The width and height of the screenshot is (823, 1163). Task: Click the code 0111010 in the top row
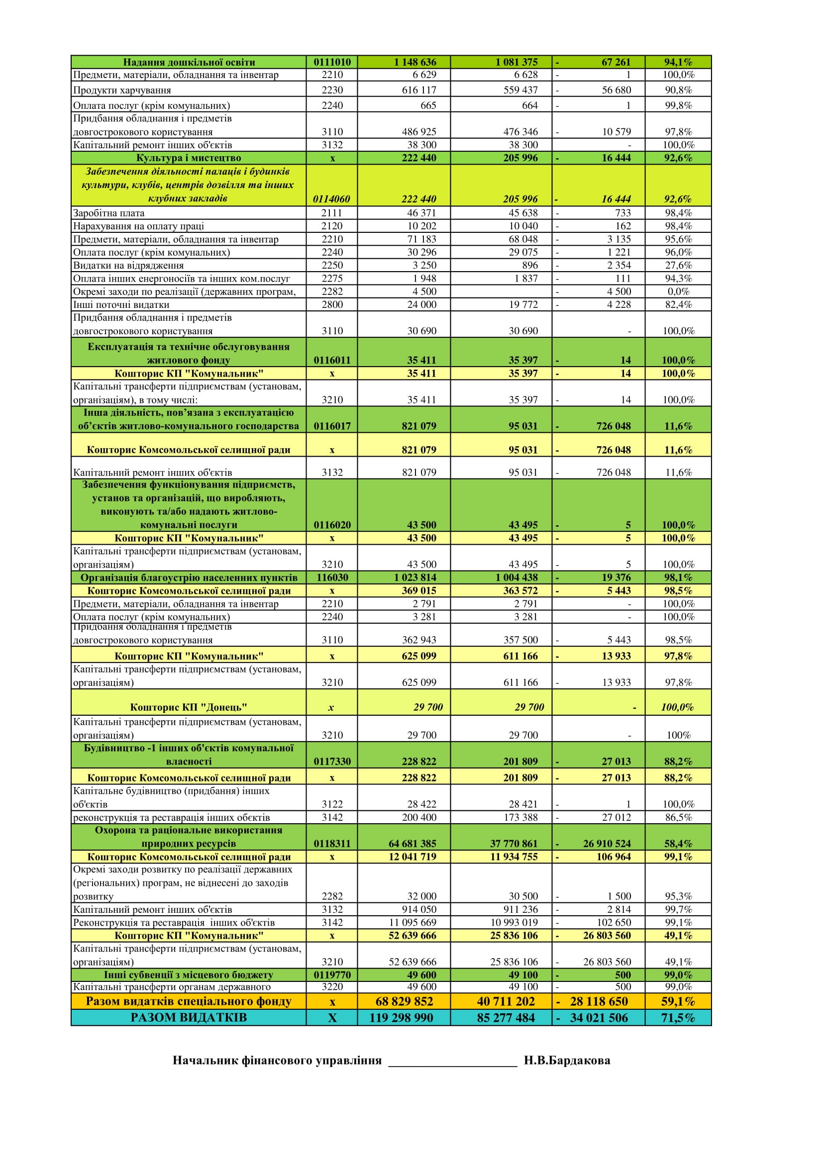[x=332, y=62]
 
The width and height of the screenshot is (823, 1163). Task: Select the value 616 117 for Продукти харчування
[x=418, y=90]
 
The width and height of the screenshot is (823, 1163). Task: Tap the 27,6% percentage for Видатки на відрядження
[x=678, y=266]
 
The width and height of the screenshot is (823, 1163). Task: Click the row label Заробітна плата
[x=109, y=213]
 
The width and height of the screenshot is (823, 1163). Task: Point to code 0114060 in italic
[x=331, y=199]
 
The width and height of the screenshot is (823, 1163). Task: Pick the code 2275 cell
[x=332, y=279]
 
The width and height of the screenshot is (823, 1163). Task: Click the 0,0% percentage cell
[x=678, y=292]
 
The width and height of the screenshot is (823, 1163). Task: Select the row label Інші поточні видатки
[x=121, y=305]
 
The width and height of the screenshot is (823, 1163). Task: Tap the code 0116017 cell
[x=332, y=426]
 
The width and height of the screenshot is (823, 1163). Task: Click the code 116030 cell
[x=332, y=578]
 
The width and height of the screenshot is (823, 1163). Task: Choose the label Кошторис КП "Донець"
[x=189, y=707]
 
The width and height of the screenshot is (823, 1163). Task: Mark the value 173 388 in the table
[x=520, y=817]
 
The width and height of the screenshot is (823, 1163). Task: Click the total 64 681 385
[x=412, y=843]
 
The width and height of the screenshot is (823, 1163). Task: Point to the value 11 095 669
[x=412, y=922]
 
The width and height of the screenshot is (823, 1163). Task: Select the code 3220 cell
[x=332, y=986]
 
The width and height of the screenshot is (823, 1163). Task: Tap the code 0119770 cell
[x=332, y=974]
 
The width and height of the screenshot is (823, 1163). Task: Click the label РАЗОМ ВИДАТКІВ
[x=189, y=1018]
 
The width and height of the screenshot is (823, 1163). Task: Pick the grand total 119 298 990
[x=401, y=1018]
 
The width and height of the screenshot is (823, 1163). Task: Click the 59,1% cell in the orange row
[x=678, y=1001]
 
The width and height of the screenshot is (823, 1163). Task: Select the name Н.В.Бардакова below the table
[x=567, y=1061]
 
